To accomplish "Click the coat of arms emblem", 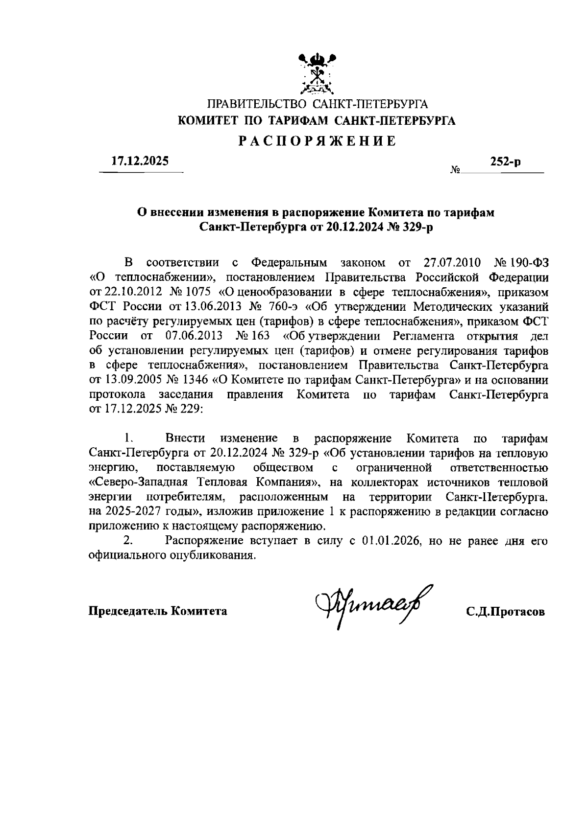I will point(318,74).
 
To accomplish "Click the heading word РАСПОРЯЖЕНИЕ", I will point(317,141).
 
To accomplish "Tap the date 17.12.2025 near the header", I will point(140,161).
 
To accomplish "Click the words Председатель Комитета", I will point(157,611).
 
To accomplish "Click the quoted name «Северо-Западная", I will point(139,482).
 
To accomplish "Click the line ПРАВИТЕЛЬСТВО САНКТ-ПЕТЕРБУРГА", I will point(318,104).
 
